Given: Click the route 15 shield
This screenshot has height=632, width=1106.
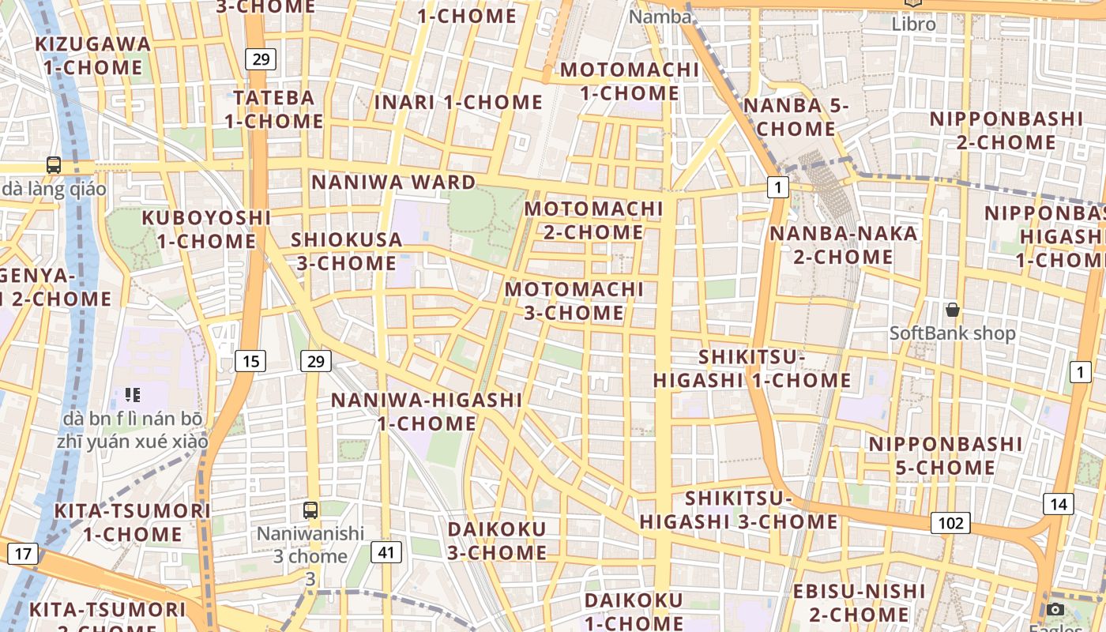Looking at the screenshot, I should (250, 361).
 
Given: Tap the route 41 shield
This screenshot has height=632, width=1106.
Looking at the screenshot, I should (385, 551).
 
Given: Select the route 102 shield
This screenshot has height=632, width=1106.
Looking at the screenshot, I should (950, 522).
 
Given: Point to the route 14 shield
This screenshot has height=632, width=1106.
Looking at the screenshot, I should (1059, 504).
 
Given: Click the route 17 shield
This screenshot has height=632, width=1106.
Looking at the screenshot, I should (23, 553).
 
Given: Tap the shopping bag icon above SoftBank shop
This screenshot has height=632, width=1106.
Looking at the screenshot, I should (953, 310).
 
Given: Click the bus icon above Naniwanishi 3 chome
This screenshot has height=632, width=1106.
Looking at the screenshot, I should (310, 510).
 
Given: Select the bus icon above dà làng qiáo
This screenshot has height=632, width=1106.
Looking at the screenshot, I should (54, 165).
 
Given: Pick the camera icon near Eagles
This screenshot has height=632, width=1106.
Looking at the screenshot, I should (1055, 609).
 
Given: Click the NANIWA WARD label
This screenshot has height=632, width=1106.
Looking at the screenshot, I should (393, 182).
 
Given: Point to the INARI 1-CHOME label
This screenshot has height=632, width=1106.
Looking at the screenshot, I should (458, 103).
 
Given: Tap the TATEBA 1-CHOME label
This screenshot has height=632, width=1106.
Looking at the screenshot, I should (274, 110).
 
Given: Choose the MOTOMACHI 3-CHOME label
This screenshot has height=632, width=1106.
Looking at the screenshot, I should (574, 301).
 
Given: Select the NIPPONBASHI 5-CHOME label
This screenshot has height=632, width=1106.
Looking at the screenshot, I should (934, 456).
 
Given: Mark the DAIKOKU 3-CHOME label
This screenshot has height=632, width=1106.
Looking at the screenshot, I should (497, 540).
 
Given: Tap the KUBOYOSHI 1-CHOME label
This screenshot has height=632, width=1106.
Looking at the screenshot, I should (206, 229).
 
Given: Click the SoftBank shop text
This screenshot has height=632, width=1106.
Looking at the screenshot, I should (953, 333).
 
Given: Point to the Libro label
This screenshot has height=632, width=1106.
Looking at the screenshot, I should (913, 24).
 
